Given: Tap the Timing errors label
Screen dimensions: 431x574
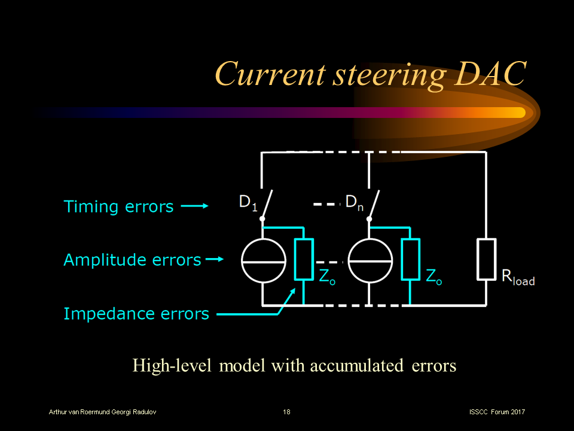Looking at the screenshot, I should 118,207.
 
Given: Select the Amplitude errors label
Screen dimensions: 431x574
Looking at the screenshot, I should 132,260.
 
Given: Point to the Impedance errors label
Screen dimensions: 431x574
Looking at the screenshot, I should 136,314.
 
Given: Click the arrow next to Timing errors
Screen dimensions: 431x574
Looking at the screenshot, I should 194,207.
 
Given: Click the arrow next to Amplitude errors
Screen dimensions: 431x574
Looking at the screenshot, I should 214,260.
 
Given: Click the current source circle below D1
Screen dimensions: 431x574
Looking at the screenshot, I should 263,261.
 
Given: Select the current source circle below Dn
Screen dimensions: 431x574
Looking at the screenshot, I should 370,261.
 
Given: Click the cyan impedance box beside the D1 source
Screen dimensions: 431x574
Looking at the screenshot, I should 304,259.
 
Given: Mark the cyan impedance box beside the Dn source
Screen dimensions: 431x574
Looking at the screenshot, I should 410,259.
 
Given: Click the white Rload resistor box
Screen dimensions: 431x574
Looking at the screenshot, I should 486,259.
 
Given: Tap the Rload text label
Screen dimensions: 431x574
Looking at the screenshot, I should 518,278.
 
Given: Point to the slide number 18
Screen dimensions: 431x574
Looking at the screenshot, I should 287,412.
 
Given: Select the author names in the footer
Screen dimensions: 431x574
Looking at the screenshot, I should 103,412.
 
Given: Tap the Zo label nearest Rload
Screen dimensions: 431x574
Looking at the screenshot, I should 433,277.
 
